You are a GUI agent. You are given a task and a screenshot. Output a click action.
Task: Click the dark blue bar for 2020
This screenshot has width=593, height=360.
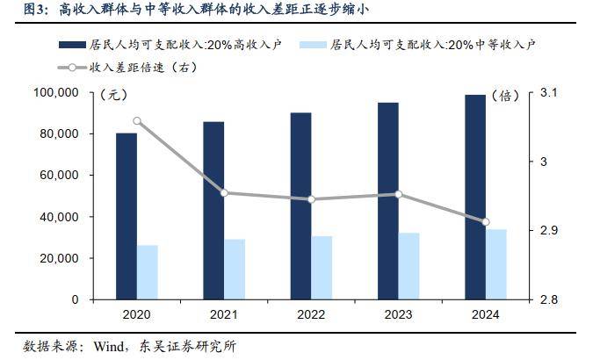(127, 216)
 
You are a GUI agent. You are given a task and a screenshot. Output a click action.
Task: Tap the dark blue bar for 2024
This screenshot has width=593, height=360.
(475, 197)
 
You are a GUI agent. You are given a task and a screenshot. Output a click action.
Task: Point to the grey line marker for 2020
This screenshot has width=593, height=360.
(138, 120)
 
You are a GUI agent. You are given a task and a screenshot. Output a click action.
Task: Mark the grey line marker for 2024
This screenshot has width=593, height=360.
(486, 222)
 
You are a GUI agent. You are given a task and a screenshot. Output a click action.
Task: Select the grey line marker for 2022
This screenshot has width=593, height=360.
(312, 199)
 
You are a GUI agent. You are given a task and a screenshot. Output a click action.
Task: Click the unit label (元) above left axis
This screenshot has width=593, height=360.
(114, 95)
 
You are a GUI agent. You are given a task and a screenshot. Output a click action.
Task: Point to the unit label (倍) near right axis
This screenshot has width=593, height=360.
(508, 95)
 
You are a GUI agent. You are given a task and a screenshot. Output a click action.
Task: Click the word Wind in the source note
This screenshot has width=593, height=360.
(109, 345)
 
